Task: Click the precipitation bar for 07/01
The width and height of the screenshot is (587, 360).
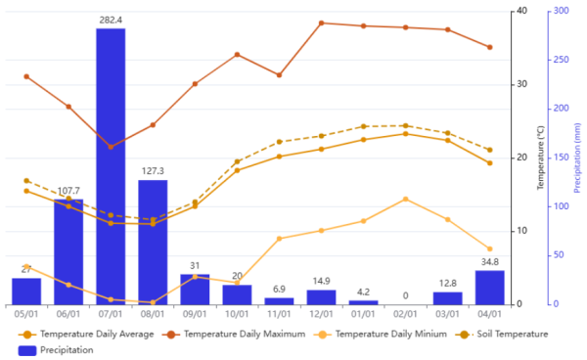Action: click(x=111, y=166)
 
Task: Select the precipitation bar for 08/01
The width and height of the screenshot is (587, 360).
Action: click(x=153, y=243)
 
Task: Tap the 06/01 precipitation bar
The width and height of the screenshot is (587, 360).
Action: click(x=68, y=251)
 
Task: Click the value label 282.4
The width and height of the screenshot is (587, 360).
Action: click(x=111, y=20)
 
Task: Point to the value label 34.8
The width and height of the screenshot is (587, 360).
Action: click(x=490, y=262)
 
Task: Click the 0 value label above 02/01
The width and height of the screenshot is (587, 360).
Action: click(x=405, y=296)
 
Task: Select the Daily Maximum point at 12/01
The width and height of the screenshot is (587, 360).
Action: click(x=321, y=23)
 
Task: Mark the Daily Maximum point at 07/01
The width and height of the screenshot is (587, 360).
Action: click(x=111, y=147)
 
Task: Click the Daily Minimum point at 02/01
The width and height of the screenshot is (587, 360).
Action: click(x=405, y=200)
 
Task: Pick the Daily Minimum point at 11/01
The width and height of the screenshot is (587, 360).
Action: click(x=279, y=239)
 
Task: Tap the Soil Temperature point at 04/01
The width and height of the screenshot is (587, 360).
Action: click(x=490, y=150)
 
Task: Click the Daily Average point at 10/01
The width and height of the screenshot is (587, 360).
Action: click(x=237, y=170)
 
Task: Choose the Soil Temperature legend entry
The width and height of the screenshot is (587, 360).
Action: click(x=501, y=334)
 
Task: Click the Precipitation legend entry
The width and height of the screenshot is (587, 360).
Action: click(x=56, y=350)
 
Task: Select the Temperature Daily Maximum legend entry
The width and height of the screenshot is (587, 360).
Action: click(x=234, y=334)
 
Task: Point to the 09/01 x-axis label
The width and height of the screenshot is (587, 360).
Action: click(x=195, y=314)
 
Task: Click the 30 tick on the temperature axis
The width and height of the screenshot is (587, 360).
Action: click(x=521, y=84)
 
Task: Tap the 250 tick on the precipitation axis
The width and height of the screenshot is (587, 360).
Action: click(x=562, y=60)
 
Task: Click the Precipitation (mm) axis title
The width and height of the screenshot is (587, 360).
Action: click(x=577, y=157)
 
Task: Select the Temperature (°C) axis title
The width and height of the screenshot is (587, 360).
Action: click(x=540, y=157)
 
